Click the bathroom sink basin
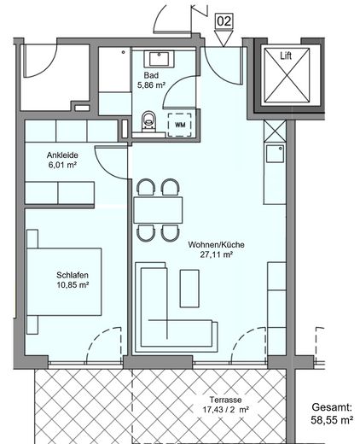click(160, 60)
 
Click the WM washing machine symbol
click(180, 124)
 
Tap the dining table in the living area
click(159, 209)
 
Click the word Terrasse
click(209, 400)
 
